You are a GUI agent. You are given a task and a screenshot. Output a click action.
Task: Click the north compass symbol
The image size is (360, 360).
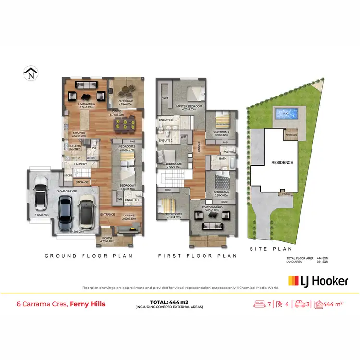[31, 73]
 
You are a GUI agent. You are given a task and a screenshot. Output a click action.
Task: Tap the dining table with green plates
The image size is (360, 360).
[124, 126]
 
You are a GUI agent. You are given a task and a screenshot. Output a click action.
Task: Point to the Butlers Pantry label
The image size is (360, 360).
[74, 147]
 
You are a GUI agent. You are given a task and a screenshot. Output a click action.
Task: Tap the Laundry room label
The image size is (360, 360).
[80, 164]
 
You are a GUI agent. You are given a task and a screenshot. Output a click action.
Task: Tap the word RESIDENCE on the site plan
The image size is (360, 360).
[282, 162]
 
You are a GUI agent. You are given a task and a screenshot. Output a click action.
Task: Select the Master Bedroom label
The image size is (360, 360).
[189, 106]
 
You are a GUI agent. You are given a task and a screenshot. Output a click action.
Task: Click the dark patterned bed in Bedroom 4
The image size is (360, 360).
[223, 182]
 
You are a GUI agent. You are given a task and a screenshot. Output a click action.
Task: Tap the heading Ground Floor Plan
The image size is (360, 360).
[88, 256]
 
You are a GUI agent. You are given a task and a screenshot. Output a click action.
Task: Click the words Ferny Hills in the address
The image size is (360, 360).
[87, 304]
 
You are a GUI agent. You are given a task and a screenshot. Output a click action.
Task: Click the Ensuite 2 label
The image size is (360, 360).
[165, 140]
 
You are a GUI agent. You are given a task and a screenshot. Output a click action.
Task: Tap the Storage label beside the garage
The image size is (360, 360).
[82, 182]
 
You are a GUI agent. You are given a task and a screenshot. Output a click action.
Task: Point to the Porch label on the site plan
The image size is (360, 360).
[287, 194]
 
